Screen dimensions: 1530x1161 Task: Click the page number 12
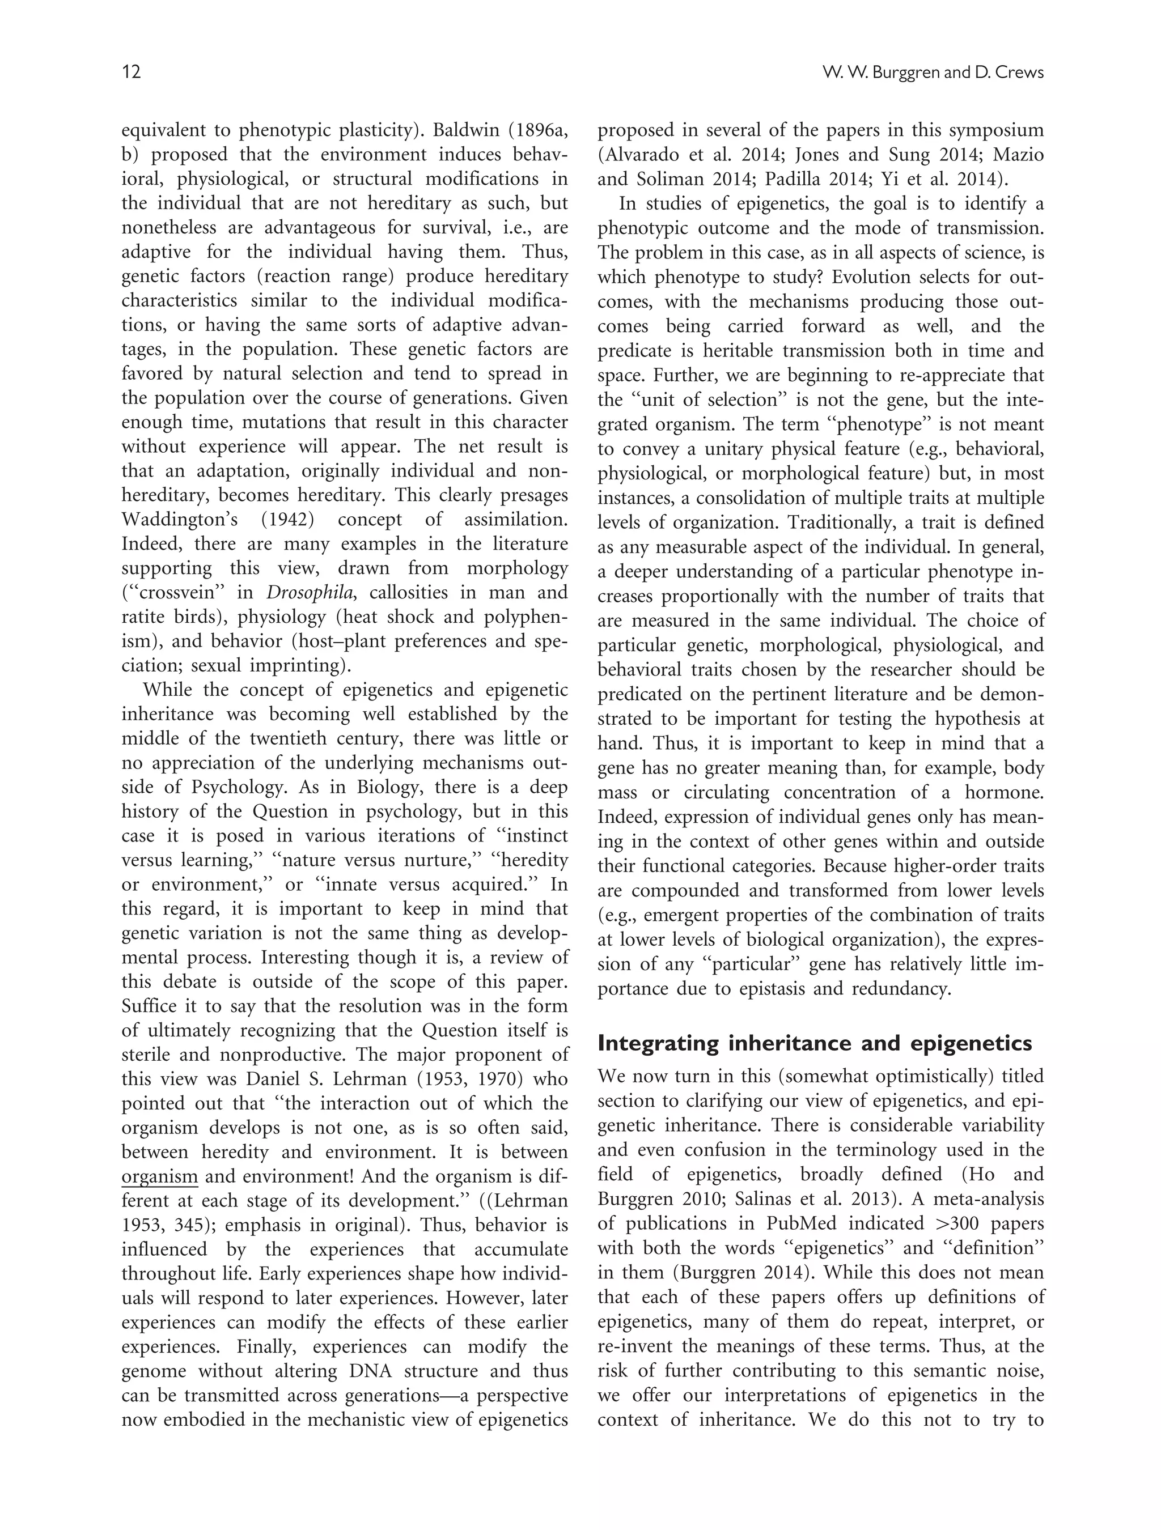tap(132, 72)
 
